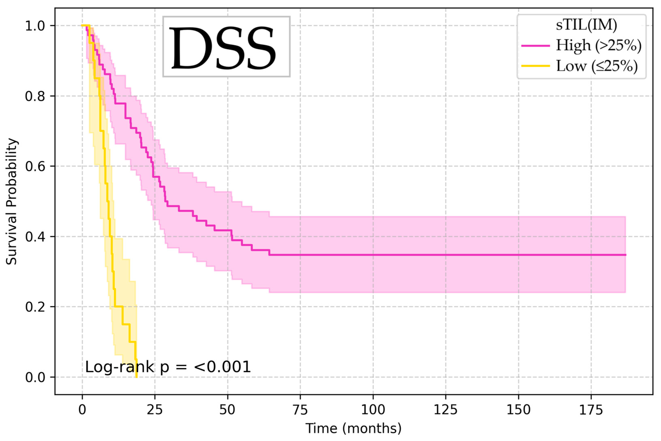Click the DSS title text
[223, 48]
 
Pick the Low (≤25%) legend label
[597, 66]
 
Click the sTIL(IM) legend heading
[586, 25]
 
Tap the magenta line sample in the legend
[535, 46]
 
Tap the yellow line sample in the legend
[535, 66]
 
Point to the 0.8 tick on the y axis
[35, 96]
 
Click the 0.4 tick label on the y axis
[35, 237]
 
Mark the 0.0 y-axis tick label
[35, 377]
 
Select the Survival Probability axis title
[12, 201]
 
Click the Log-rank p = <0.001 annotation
[168, 367]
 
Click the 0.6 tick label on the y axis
[35, 166]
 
